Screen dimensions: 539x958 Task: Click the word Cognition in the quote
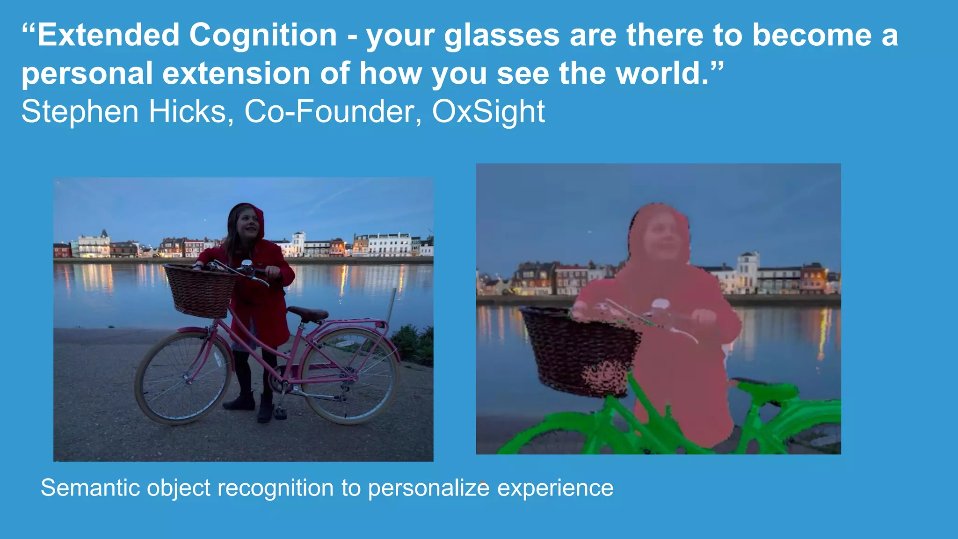(x=263, y=36)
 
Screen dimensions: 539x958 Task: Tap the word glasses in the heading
(x=501, y=36)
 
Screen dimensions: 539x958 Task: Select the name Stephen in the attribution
(x=80, y=112)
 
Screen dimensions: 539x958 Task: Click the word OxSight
(x=488, y=112)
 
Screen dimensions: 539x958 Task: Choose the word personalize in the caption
(x=428, y=488)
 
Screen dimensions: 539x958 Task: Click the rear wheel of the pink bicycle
(x=350, y=376)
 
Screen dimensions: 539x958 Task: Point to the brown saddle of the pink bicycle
(x=307, y=313)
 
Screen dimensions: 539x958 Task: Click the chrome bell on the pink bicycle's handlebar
(x=247, y=267)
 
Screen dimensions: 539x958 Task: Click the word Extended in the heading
(x=108, y=36)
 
